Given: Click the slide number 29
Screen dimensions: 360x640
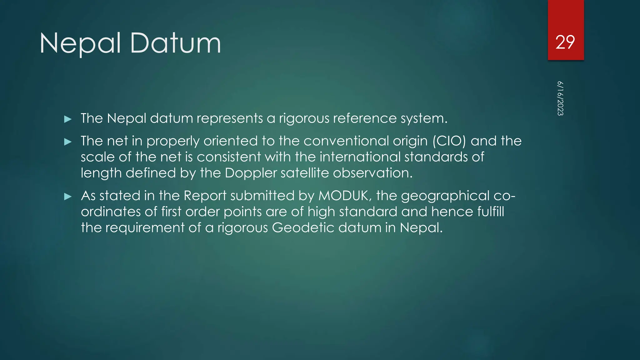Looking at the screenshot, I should (x=565, y=42).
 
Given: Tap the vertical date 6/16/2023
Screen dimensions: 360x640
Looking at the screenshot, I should (x=560, y=98).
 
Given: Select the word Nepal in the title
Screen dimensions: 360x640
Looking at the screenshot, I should (x=80, y=44).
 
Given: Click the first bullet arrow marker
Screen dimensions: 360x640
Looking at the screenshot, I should (x=68, y=119).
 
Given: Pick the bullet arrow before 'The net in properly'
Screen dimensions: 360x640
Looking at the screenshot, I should (x=68, y=142).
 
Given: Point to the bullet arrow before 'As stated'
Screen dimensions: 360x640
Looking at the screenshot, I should (x=68, y=197).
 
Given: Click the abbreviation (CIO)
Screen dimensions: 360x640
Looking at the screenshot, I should (x=449, y=141).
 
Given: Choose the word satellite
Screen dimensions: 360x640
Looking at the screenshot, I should (x=305, y=173).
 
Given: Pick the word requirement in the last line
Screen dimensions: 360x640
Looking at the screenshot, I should (x=145, y=228).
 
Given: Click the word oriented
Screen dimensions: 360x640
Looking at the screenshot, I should (x=231, y=141).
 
